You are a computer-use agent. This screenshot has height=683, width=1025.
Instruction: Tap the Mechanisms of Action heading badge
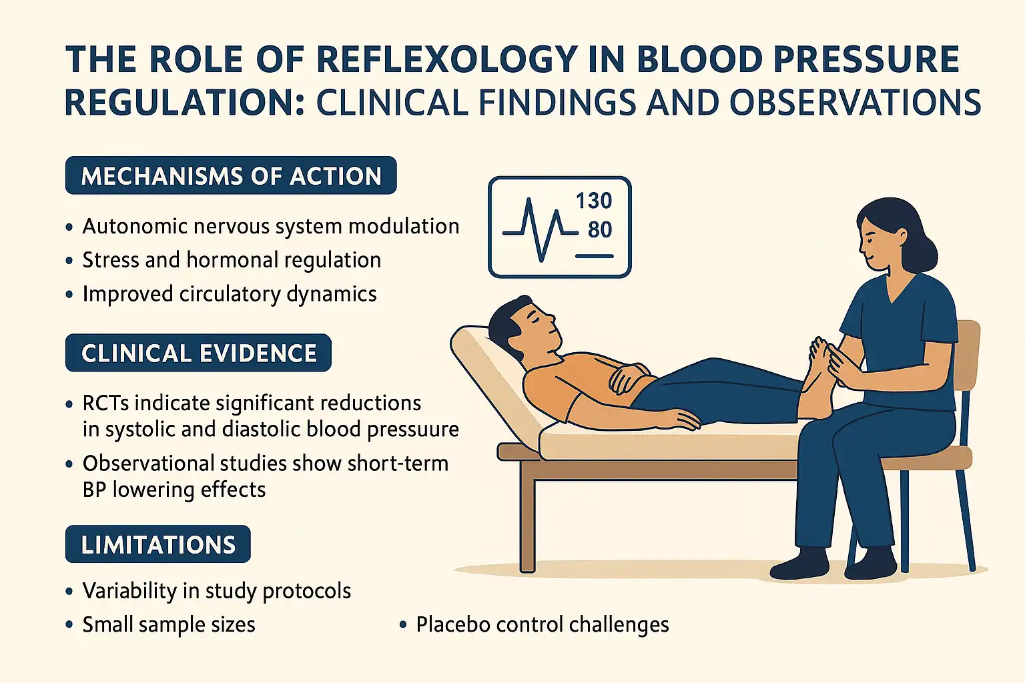[x=231, y=176]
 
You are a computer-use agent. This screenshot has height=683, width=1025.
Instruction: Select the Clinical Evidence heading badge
[x=199, y=354]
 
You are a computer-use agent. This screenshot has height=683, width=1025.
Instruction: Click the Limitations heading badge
[x=158, y=545]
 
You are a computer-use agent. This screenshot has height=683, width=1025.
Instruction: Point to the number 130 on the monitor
[x=593, y=201]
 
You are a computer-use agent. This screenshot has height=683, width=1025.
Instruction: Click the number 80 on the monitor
[x=599, y=230]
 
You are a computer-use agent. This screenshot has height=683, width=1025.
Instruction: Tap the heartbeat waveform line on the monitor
[x=538, y=230]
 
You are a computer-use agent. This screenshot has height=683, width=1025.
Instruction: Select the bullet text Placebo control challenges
[x=542, y=625]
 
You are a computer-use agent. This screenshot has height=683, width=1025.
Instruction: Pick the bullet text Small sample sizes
[x=169, y=625]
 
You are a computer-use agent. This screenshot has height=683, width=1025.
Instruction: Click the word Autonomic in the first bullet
[x=134, y=227]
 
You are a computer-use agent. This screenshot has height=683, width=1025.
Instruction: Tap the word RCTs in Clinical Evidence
[x=105, y=404]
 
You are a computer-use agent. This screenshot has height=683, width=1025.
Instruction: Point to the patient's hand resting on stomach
[x=627, y=378]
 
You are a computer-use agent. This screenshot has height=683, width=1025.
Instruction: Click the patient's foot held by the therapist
[x=817, y=387]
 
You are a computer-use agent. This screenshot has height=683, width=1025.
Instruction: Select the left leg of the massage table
[x=527, y=520]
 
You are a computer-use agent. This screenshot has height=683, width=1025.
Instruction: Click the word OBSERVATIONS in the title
[x=855, y=103]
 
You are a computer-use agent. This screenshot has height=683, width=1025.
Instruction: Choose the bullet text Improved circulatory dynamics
[x=230, y=294]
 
